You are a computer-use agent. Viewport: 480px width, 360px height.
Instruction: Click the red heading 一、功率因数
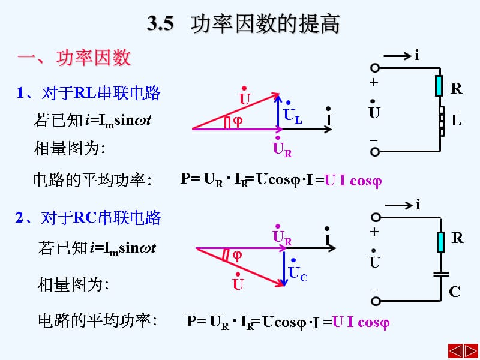click(x=74, y=58)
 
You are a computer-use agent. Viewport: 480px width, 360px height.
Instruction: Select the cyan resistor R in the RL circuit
click(x=439, y=86)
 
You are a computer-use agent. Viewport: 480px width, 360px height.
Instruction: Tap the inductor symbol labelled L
click(x=441, y=121)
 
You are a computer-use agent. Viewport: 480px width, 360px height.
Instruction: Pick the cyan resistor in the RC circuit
click(x=440, y=242)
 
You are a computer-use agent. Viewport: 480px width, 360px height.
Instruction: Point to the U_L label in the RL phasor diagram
click(x=293, y=115)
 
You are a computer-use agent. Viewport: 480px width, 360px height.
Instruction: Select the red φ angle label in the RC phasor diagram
click(x=238, y=255)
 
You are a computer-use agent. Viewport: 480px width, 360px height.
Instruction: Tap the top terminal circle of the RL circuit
click(x=375, y=68)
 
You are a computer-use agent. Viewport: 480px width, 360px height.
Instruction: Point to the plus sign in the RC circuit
click(x=375, y=232)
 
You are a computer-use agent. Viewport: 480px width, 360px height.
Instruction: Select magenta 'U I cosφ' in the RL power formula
click(x=353, y=180)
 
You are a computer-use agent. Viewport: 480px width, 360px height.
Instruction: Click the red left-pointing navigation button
click(x=455, y=350)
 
